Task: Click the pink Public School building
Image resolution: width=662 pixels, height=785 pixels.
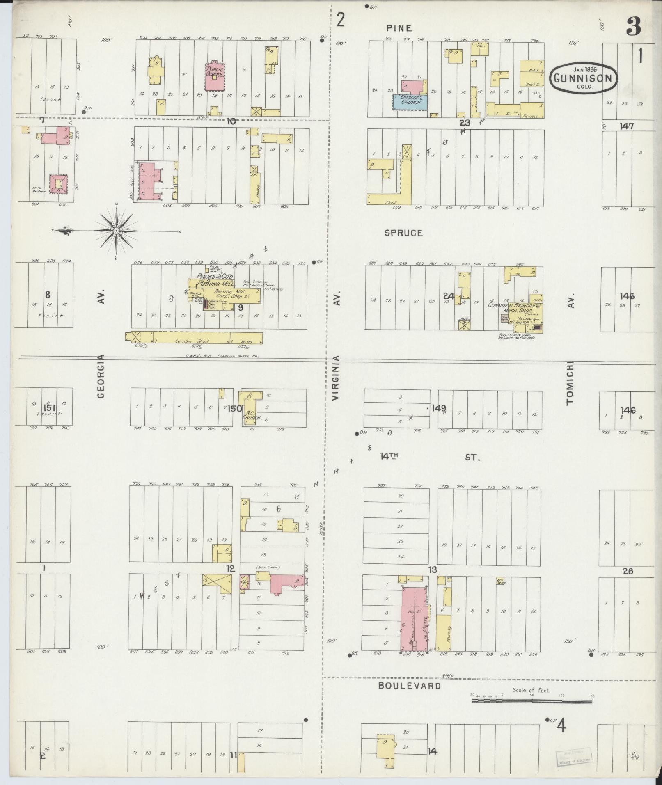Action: click(215, 77)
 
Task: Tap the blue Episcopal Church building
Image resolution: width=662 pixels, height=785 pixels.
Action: click(410, 102)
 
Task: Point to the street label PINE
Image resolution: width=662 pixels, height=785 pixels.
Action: click(399, 28)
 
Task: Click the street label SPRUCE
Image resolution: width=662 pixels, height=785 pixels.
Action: click(403, 233)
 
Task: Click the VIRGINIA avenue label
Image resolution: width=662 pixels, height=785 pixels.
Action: click(336, 378)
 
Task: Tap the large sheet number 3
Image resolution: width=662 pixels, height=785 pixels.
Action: click(634, 27)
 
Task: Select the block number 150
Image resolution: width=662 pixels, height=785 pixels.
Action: click(235, 408)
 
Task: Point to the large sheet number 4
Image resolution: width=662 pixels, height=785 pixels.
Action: click(561, 727)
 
